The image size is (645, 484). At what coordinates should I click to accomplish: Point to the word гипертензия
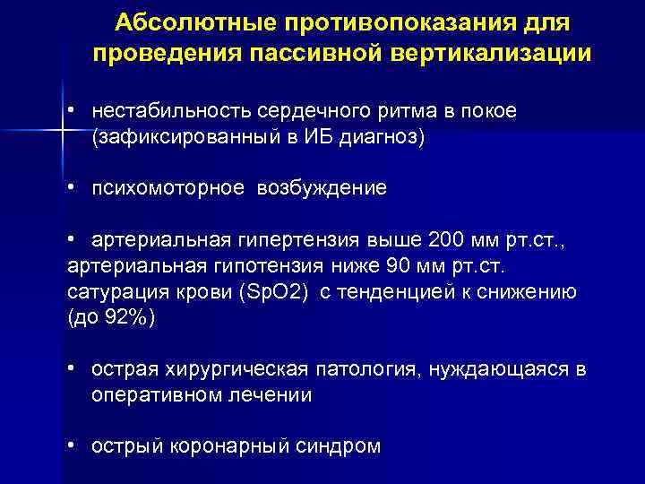(x=291, y=241)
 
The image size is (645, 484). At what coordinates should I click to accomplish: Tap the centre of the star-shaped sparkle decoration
(x=62, y=130)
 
